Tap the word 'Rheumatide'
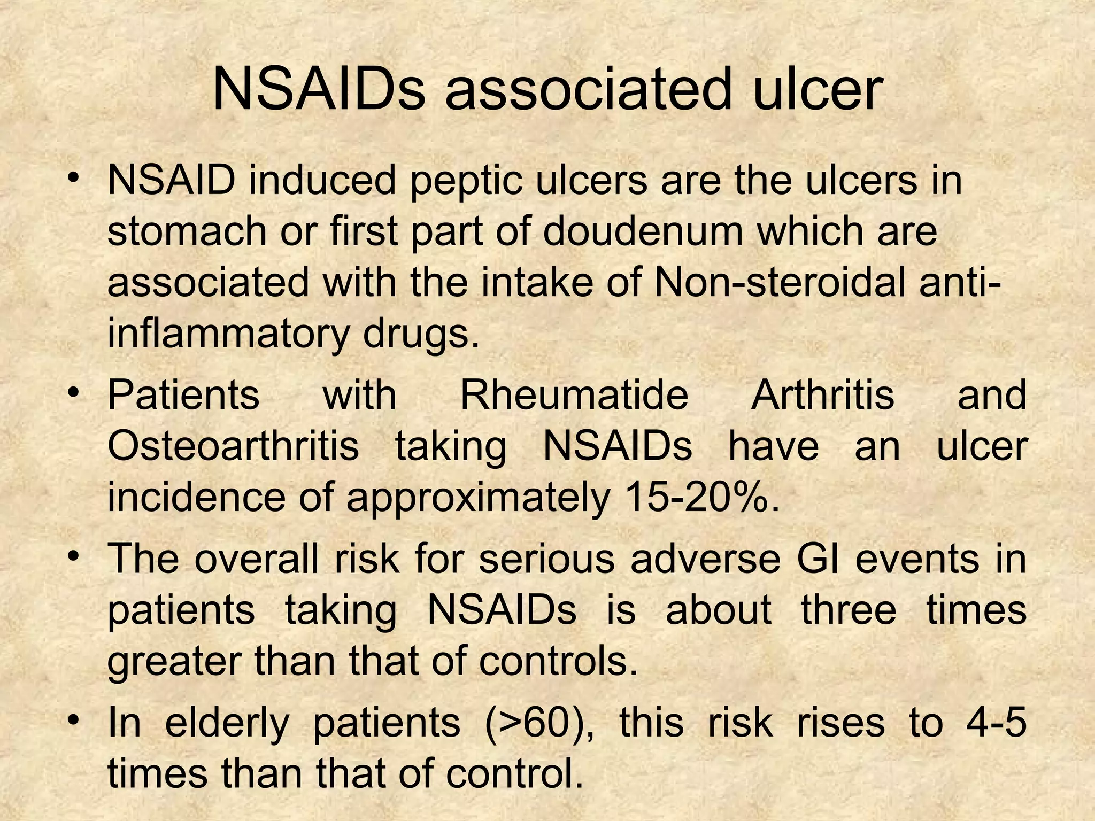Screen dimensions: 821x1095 [x=574, y=395]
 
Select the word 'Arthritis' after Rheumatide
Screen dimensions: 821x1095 [x=822, y=395]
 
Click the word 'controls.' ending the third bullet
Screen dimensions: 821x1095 [x=558, y=661]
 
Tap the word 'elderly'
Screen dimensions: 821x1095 [x=227, y=723]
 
